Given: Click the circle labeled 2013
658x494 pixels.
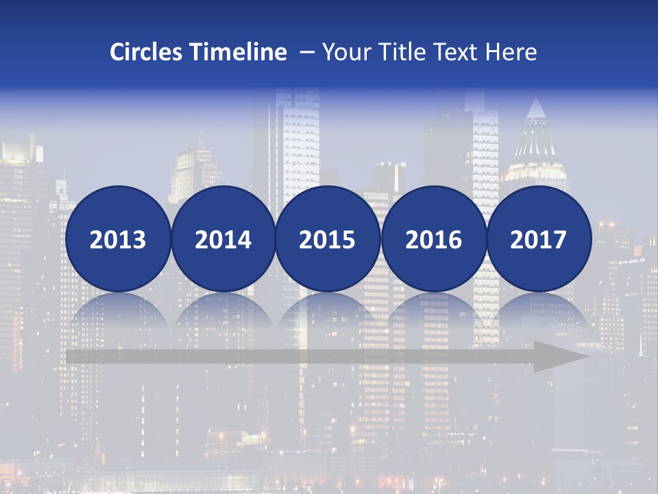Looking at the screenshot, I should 118,239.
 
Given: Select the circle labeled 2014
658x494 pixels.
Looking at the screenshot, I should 223,239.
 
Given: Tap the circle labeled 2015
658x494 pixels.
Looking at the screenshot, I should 328,239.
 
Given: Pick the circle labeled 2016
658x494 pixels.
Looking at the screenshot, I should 433,239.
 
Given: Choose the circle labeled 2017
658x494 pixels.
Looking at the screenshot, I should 538,239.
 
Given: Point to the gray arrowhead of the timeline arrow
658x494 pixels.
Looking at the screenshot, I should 559,357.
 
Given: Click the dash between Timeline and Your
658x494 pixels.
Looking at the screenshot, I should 306,53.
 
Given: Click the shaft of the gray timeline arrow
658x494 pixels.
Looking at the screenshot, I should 295,357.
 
